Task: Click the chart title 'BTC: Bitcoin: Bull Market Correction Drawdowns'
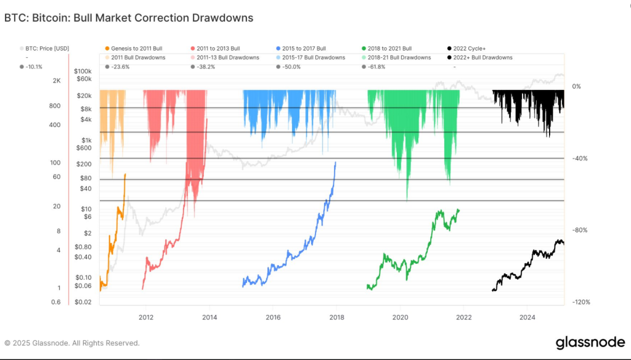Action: pos(129,18)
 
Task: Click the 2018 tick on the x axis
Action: pos(336,318)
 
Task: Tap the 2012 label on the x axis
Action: pos(146,318)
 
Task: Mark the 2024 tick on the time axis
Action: pos(526,318)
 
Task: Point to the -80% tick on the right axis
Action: pos(580,230)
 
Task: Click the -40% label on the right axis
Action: pos(580,158)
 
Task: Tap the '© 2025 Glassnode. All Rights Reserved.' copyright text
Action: pos(72,343)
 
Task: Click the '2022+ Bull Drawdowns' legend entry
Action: pos(484,57)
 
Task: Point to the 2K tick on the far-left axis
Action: pos(56,81)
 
